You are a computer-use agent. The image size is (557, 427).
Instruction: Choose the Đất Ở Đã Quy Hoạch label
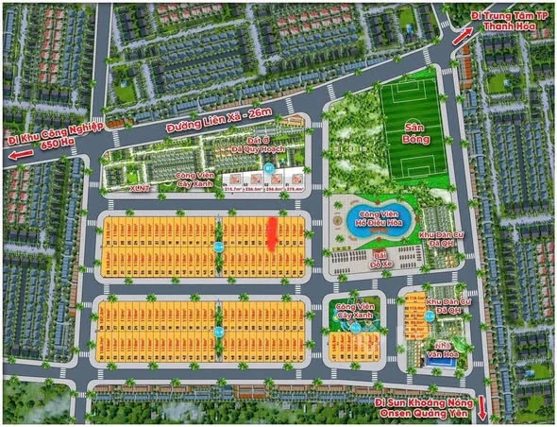[250, 146]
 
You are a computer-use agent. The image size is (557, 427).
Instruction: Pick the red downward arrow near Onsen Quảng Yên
[482, 409]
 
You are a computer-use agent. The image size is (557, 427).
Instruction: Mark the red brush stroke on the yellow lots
[274, 233]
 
